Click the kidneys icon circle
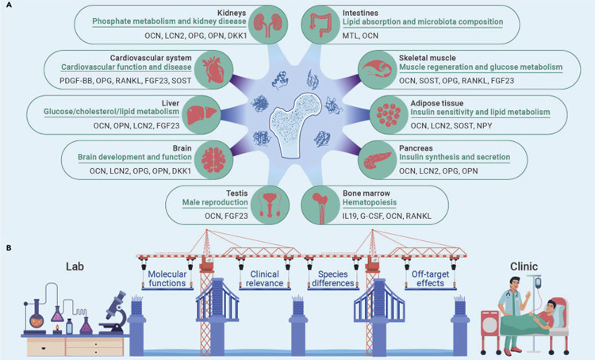[269, 25]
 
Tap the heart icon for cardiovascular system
[213, 70]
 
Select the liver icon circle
[202, 115]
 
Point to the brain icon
[213, 159]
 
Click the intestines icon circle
[321, 25]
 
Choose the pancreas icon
[377, 159]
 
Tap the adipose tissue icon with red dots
[389, 115]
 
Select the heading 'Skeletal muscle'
[428, 58]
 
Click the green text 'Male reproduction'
[215, 202]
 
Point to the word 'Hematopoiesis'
[370, 202]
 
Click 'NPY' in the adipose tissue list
[484, 125]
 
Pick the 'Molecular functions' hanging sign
[167, 279]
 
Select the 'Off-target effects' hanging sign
[430, 279]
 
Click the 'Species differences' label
[332, 279]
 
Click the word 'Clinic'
[524, 266]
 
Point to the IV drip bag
[538, 283]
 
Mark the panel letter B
[9, 248]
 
